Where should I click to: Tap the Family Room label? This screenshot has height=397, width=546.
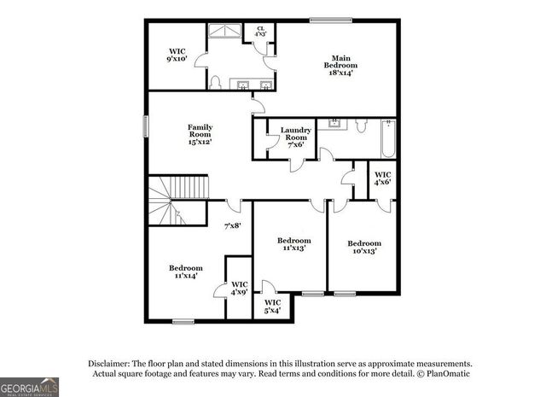point(200,135)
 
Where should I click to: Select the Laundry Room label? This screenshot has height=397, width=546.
point(296,137)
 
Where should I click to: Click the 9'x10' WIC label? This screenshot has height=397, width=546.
point(177,56)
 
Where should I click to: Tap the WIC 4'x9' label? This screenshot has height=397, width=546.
point(240,289)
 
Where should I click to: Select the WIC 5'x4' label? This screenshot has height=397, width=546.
point(272,306)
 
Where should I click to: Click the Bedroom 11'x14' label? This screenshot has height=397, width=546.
point(185,271)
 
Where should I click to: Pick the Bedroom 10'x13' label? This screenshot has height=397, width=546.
point(363,247)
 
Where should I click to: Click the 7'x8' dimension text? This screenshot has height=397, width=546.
point(232,226)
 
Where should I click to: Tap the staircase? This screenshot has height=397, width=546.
point(179,200)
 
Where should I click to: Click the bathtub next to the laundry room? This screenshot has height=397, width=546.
point(389,138)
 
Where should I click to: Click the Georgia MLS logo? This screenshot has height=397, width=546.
point(30,386)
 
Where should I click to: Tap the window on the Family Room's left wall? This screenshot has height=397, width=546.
point(144,124)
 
